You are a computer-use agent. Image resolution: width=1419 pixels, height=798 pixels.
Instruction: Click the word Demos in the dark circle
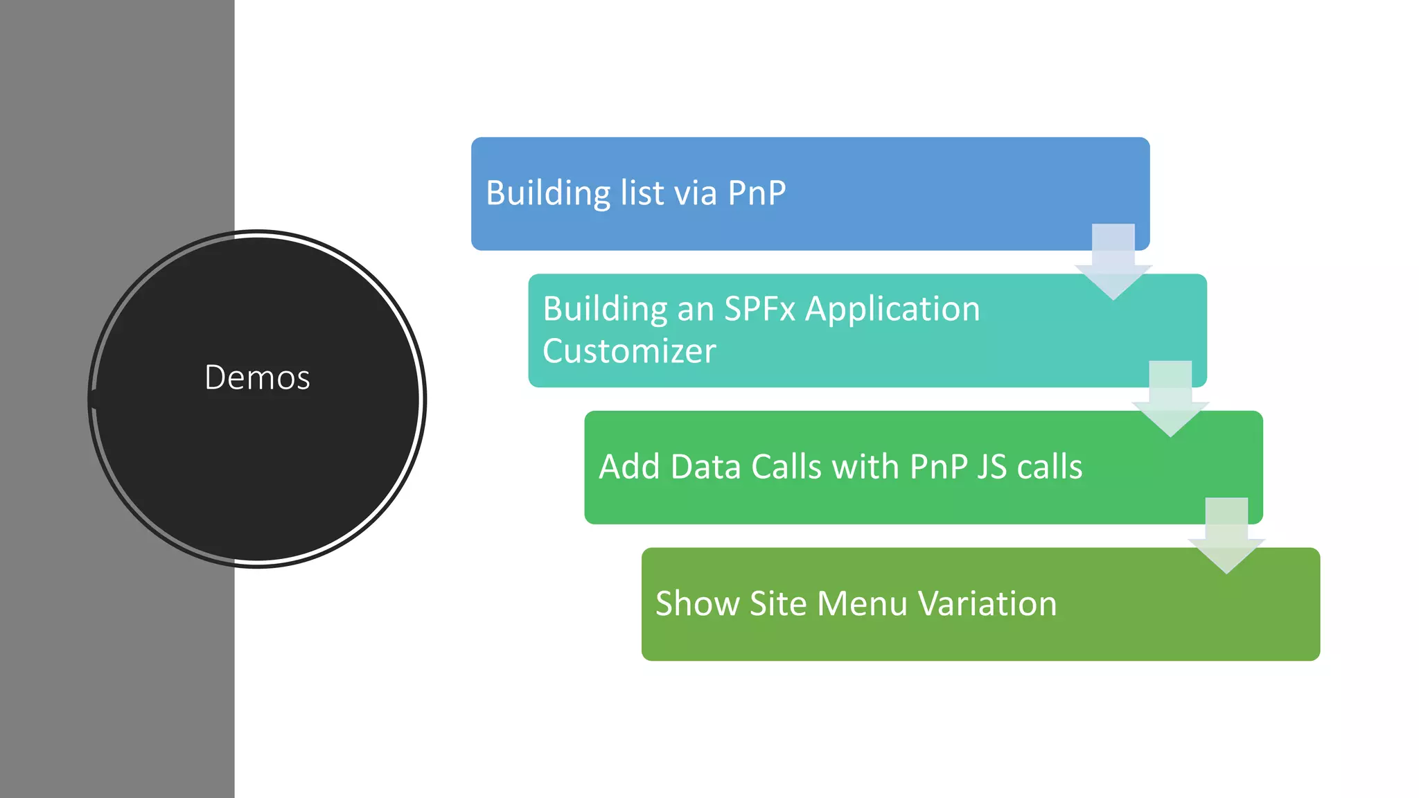[257, 378]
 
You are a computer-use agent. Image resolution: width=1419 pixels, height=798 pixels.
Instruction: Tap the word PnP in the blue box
[757, 193]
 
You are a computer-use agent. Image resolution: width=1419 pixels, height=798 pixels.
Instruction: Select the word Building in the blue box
[548, 193]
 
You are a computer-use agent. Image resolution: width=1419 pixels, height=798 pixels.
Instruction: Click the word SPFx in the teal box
[759, 309]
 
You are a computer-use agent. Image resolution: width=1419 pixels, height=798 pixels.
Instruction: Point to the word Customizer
[628, 351]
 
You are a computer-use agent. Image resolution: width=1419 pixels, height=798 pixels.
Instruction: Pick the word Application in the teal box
[892, 310]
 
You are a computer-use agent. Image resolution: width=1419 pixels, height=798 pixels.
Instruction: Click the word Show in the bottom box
[697, 603]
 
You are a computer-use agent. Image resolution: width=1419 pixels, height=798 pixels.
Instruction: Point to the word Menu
[862, 603]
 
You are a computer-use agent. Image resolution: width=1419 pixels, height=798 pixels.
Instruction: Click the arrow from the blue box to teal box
[1113, 263]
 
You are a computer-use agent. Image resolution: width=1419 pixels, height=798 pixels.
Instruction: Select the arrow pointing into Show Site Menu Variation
[1226, 536]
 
